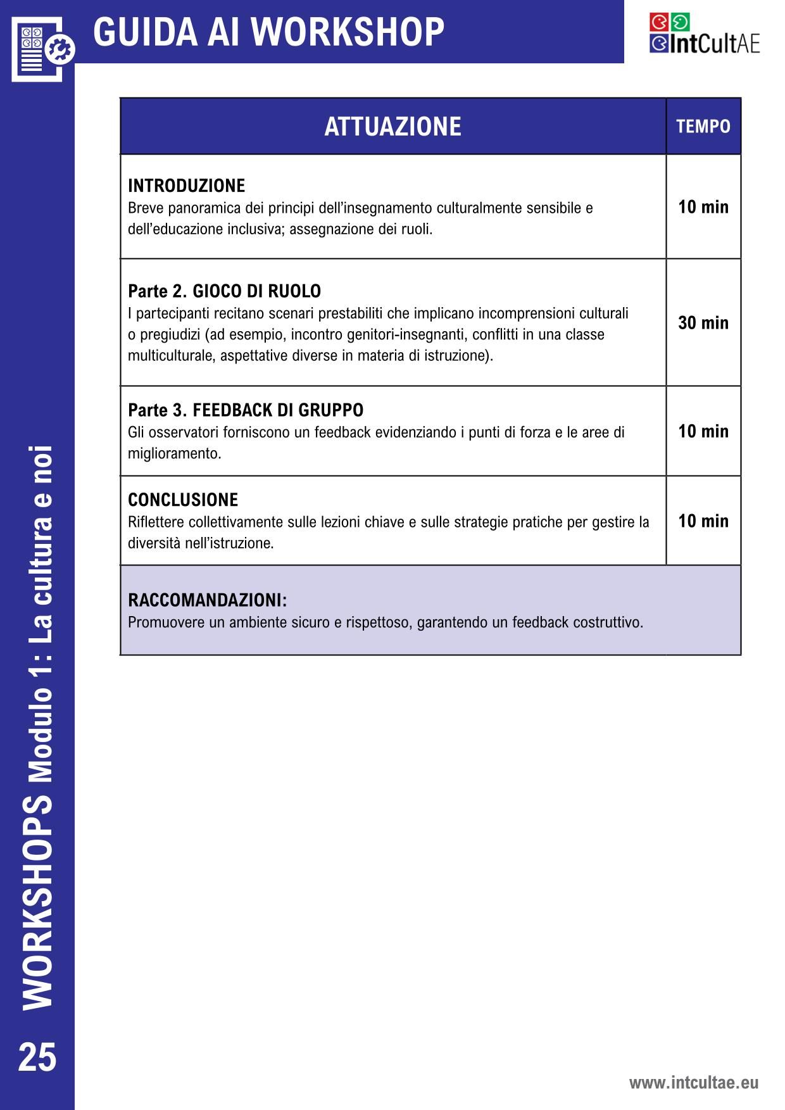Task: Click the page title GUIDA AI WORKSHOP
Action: (x=268, y=32)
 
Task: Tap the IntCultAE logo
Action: (x=703, y=35)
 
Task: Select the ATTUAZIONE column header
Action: (x=392, y=127)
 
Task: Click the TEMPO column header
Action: (x=703, y=127)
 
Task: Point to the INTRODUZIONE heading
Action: (x=186, y=186)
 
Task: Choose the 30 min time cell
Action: (x=703, y=323)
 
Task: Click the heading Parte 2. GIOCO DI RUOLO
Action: (x=224, y=291)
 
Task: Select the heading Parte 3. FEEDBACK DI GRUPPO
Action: (x=246, y=410)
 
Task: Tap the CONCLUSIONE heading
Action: (x=183, y=500)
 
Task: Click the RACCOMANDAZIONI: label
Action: (x=207, y=600)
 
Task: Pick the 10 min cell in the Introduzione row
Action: (x=703, y=207)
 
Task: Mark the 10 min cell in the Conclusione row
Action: (x=703, y=521)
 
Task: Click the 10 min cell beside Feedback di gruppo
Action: (x=703, y=431)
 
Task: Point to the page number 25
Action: (x=37, y=1057)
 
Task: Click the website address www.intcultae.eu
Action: (x=693, y=1083)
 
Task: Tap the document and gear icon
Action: (x=41, y=47)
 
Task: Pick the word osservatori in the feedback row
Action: (x=184, y=432)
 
